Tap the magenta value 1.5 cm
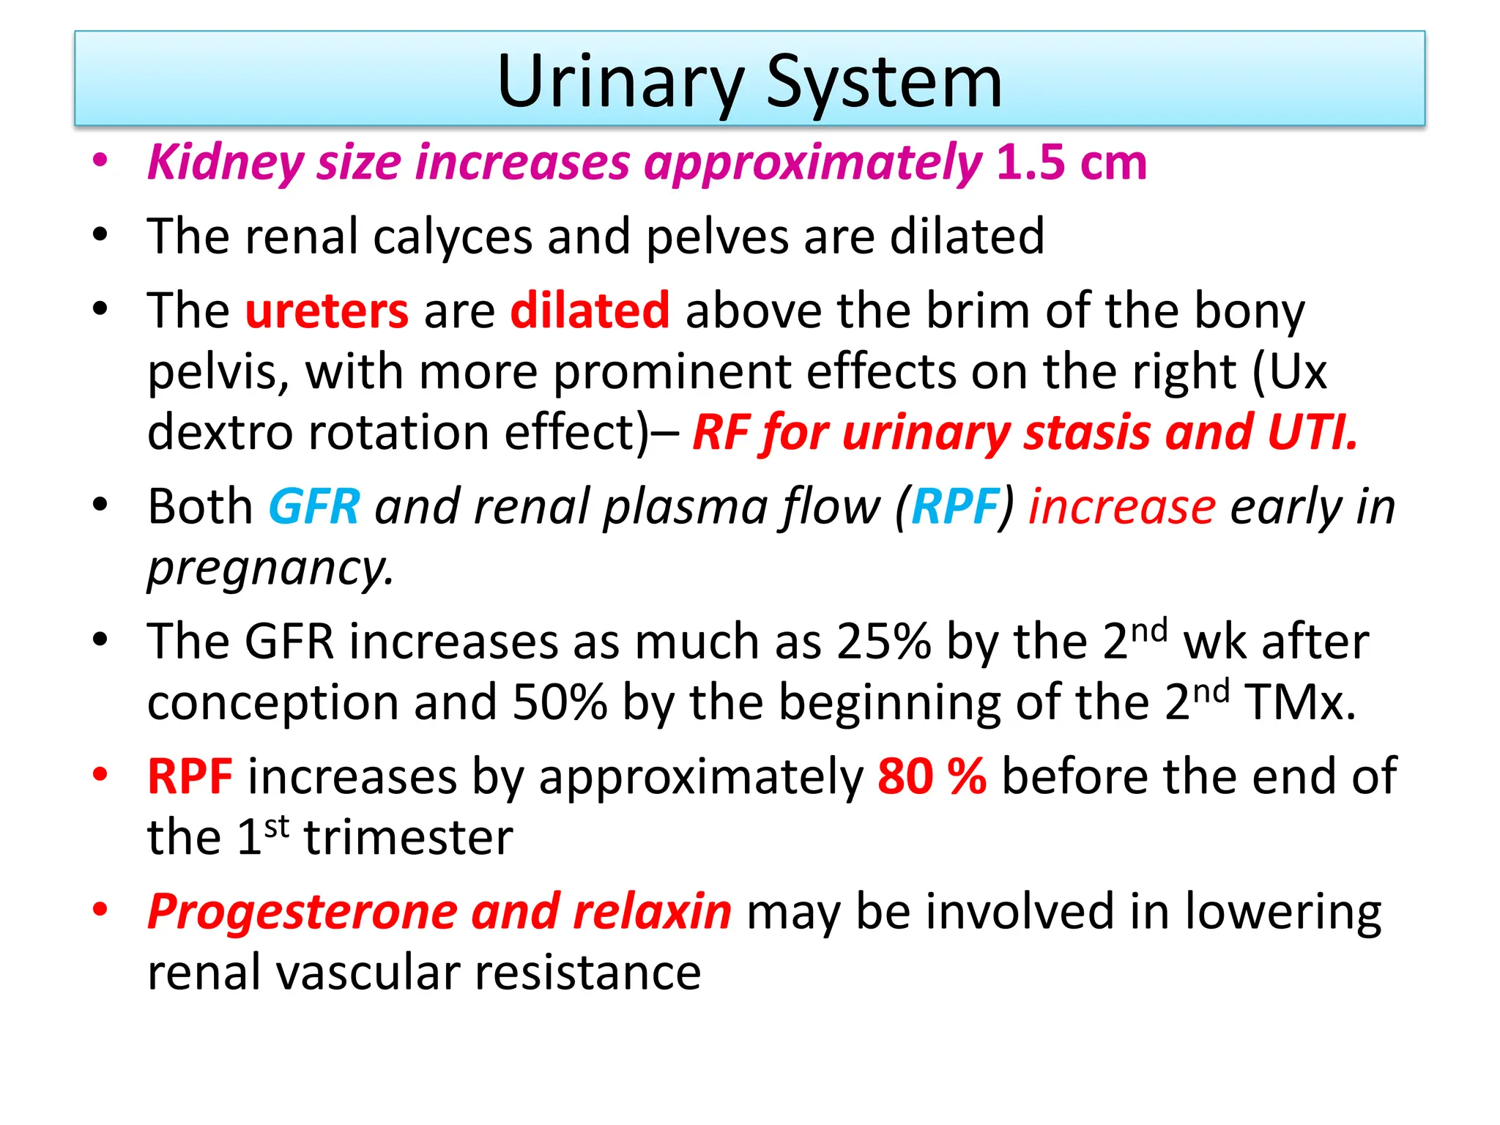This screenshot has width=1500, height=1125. (x=1071, y=162)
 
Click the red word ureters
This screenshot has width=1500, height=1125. (x=327, y=311)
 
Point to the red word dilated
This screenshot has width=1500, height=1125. (x=590, y=311)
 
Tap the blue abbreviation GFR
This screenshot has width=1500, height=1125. (x=314, y=507)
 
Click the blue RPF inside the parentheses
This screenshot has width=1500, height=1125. (x=955, y=507)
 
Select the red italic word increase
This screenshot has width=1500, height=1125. (x=1122, y=507)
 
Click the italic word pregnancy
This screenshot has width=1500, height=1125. (x=270, y=568)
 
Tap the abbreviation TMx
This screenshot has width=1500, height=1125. (x=1299, y=703)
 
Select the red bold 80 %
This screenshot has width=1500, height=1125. (x=932, y=776)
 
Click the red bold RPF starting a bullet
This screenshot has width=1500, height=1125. (x=190, y=776)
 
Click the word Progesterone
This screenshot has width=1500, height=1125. (x=302, y=912)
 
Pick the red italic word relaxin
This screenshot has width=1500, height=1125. (x=652, y=912)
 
